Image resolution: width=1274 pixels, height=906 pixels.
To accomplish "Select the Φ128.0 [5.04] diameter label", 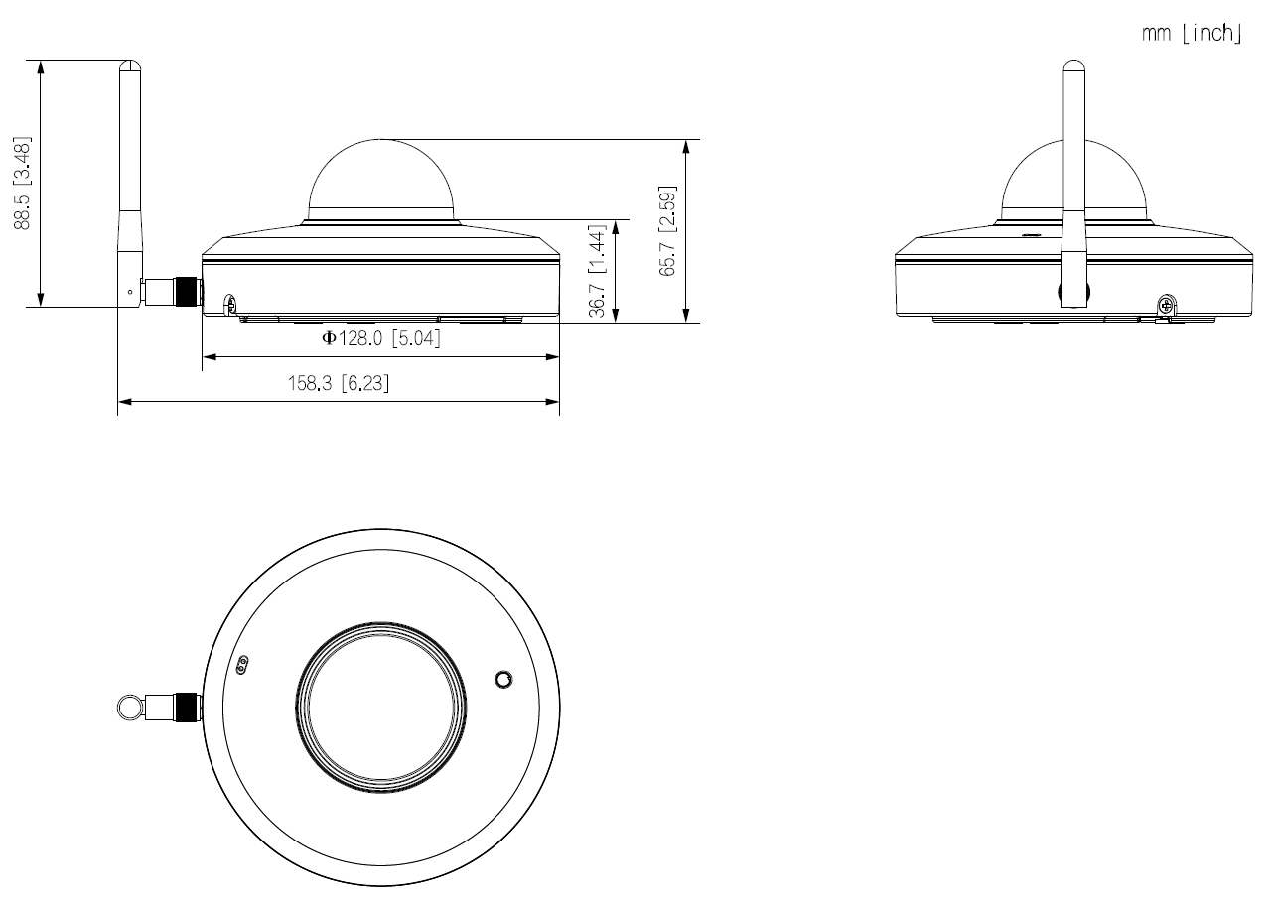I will [380, 339].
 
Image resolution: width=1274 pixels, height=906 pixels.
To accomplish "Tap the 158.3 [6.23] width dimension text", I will [339, 384].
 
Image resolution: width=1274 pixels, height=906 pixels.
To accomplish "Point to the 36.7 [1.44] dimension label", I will [597, 270].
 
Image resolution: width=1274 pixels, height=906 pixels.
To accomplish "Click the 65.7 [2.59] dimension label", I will [667, 230].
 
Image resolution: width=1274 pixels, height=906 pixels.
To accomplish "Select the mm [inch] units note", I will [1192, 34].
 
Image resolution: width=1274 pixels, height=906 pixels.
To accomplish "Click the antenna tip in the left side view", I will [129, 65].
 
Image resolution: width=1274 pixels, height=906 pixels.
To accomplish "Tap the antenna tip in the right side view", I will [1072, 67].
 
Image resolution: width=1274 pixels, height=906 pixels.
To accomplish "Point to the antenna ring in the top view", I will [128, 707].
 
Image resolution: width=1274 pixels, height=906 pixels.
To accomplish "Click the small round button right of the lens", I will [504, 679].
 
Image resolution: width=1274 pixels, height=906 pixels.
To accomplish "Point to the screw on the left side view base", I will [230, 303].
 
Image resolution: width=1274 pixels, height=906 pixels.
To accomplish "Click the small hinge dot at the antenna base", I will [129, 292].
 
